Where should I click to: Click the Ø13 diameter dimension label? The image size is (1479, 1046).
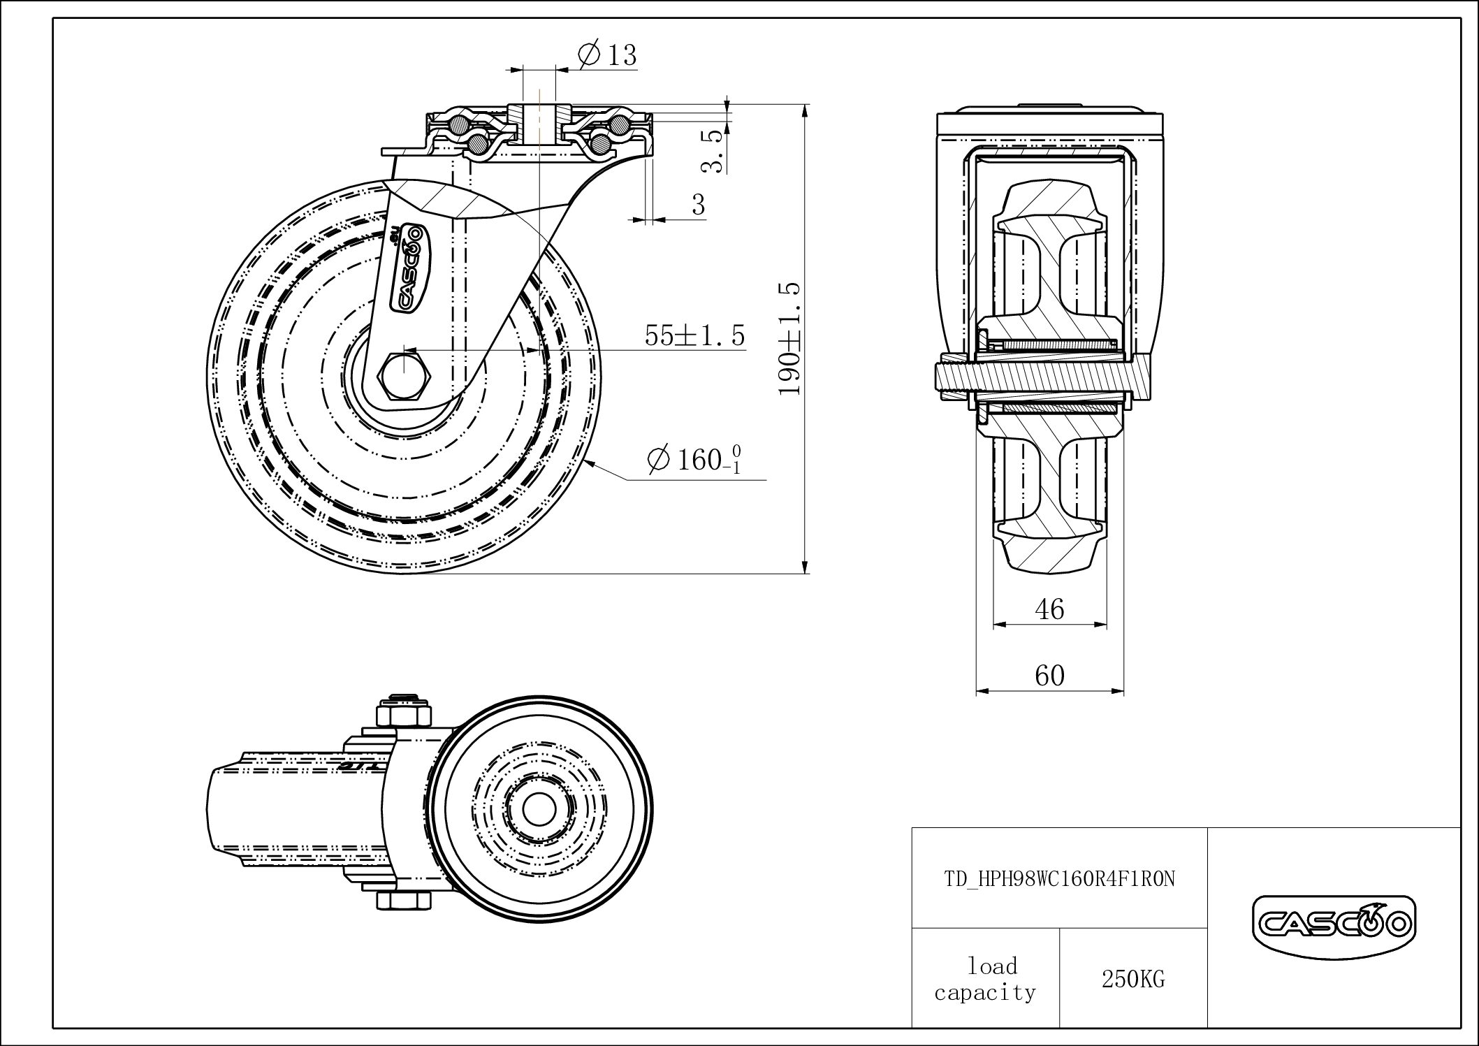pyautogui.click(x=608, y=55)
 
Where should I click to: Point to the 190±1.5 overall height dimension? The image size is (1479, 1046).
pyautogui.click(x=789, y=339)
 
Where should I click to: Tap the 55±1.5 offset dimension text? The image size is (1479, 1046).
pyautogui.click(x=694, y=336)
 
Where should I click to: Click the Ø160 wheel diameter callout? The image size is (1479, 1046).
pyautogui.click(x=694, y=460)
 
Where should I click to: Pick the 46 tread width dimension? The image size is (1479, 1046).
pyautogui.click(x=1049, y=610)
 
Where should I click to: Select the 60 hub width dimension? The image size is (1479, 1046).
pyautogui.click(x=1049, y=676)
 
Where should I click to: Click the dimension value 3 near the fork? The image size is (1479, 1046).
pyautogui.click(x=698, y=205)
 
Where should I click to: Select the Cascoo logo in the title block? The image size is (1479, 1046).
pyautogui.click(x=1333, y=926)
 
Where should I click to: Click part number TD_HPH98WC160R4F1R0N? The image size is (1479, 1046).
pyautogui.click(x=1059, y=879)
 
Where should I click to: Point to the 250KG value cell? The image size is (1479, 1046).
pyautogui.click(x=1133, y=980)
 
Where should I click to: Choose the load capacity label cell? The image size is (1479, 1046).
pyautogui.click(x=985, y=980)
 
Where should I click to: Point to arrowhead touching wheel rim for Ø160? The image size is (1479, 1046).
pyautogui.click(x=590, y=462)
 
